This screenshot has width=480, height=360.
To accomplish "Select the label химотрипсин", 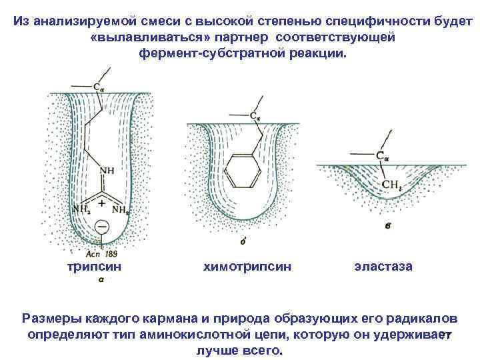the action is coord(247,266).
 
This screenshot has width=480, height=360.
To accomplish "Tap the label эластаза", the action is coord(383,266).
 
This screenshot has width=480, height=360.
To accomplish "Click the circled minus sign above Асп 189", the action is coord(101,228).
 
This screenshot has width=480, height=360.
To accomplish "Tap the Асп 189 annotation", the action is coord(101,253).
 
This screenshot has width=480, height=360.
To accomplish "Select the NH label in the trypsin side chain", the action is coord(106,171).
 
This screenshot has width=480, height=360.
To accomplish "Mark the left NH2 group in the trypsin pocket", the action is coord(81,209).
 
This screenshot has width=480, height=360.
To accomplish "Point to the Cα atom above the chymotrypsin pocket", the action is coord(255,116).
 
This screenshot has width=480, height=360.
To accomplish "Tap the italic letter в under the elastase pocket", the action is coord(388,226).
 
